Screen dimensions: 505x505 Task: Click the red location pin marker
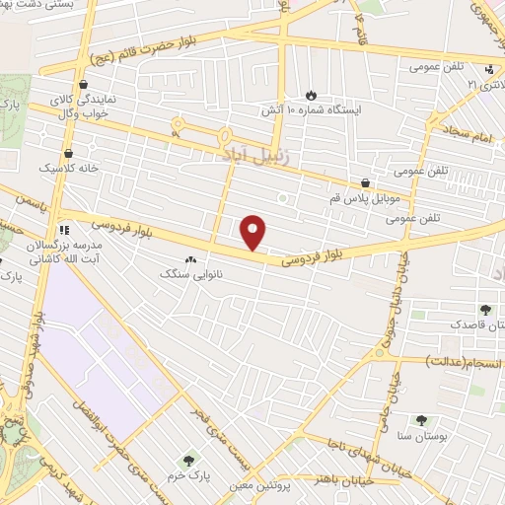click(x=254, y=233)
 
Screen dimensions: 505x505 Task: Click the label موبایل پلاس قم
click(x=366, y=198)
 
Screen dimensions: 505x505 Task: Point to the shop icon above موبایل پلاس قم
click(x=366, y=182)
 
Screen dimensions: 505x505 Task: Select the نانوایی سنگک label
click(x=189, y=273)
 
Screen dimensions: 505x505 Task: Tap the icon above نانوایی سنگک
click(x=189, y=258)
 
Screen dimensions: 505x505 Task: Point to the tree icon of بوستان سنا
click(x=422, y=420)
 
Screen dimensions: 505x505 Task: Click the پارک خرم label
click(x=188, y=474)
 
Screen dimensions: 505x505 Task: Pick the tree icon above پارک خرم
click(x=188, y=460)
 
